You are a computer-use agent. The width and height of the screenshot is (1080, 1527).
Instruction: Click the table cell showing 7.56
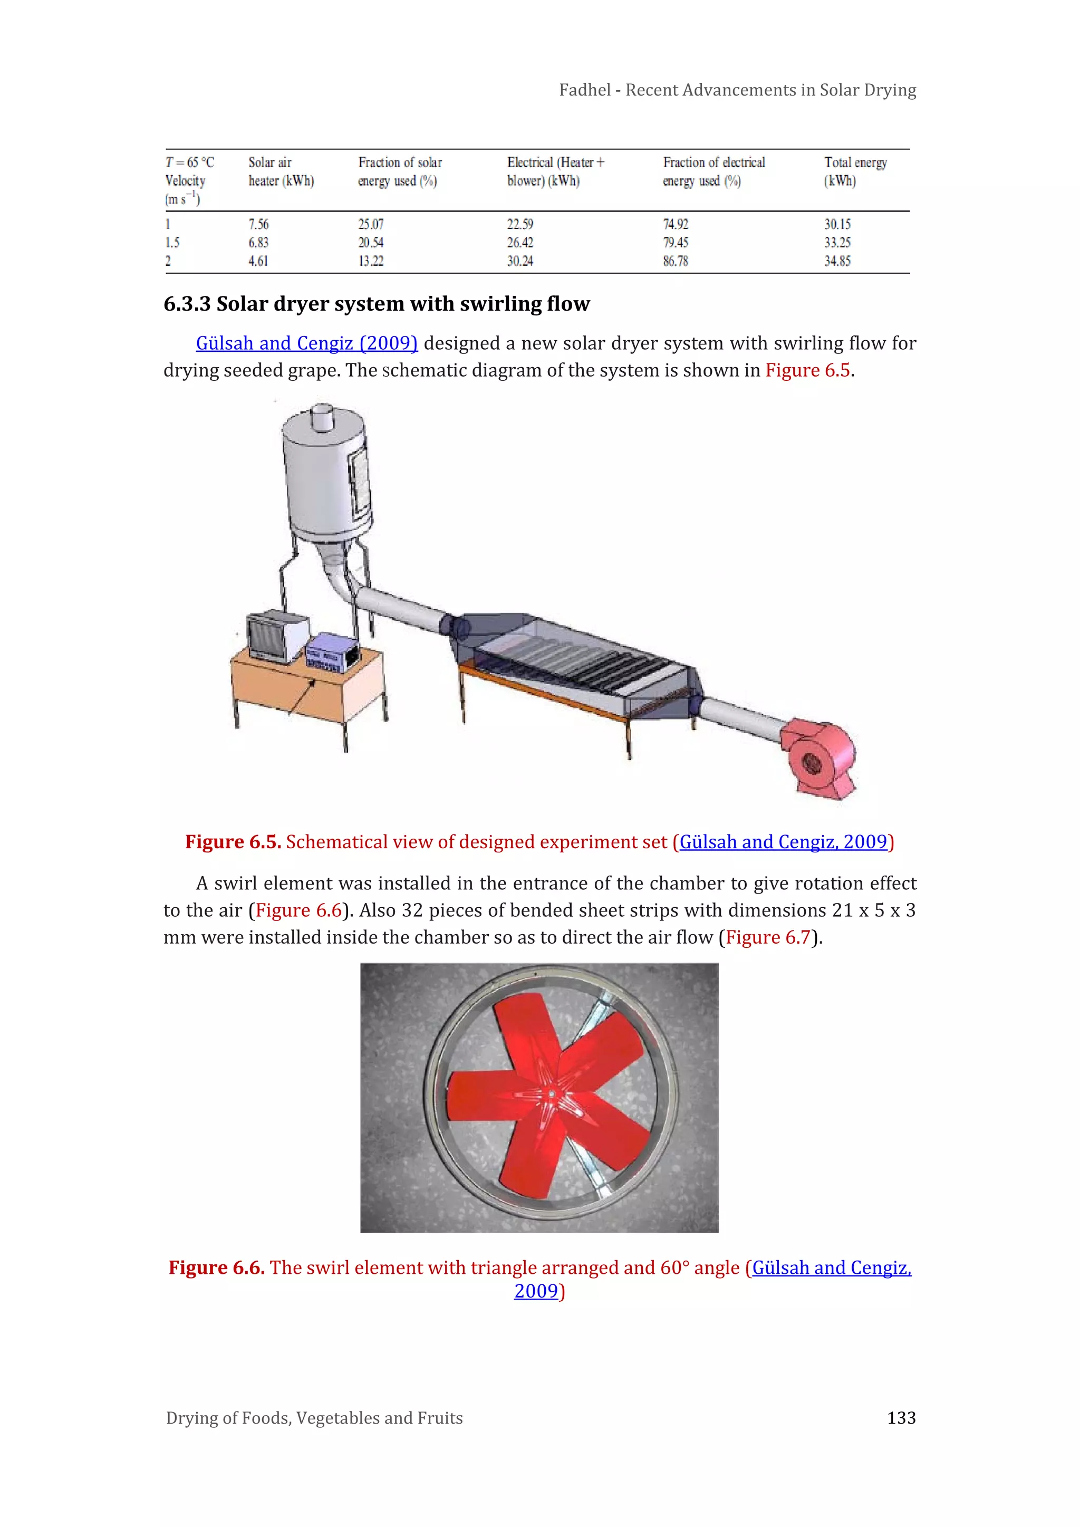pos(259,224)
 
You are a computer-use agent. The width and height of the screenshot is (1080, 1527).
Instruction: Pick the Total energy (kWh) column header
pos(855,171)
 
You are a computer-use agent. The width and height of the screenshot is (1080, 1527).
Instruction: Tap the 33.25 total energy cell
pos(837,243)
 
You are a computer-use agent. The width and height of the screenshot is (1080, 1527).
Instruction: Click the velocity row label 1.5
pos(172,243)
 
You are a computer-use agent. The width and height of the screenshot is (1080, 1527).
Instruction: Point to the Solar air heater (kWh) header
pos(281,171)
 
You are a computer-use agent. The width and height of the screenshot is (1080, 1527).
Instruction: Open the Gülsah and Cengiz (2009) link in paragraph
pos(306,343)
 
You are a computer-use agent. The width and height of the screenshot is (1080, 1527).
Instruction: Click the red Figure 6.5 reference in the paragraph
pos(807,370)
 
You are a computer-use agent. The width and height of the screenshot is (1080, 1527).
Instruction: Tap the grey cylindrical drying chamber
pos(324,479)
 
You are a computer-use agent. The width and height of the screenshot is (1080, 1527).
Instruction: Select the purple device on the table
pos(331,650)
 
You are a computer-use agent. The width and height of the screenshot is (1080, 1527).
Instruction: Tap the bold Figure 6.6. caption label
pos(216,1267)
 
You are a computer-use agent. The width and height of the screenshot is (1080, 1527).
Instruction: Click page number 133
pos(901,1418)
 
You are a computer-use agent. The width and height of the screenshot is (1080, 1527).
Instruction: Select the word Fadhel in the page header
pos(584,90)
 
